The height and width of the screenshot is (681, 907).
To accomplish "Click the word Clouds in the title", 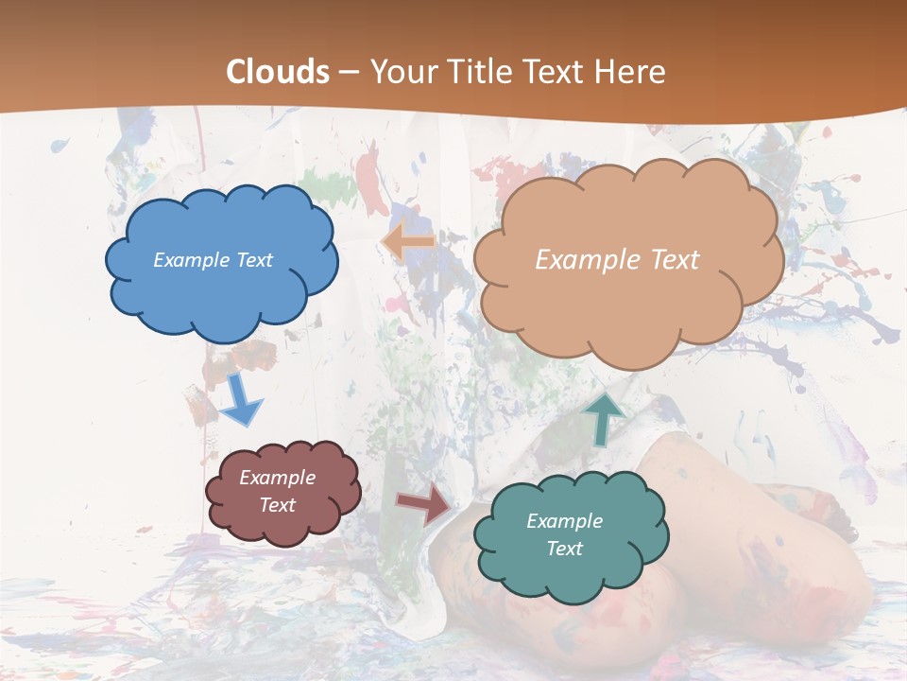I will pos(279,72).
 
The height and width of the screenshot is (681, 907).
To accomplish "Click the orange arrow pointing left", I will pos(408,242).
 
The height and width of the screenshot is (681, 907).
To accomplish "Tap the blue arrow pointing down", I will pos(242,398).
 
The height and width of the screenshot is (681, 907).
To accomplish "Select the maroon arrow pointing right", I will pos(425,504).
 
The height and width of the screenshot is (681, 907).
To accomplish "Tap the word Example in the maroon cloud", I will pos(277,479).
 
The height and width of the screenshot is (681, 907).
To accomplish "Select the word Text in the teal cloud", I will pos(564,549).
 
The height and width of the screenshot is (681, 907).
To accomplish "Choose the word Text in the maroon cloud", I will pos(277,505).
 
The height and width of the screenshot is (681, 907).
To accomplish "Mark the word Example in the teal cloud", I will pos(564,521).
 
